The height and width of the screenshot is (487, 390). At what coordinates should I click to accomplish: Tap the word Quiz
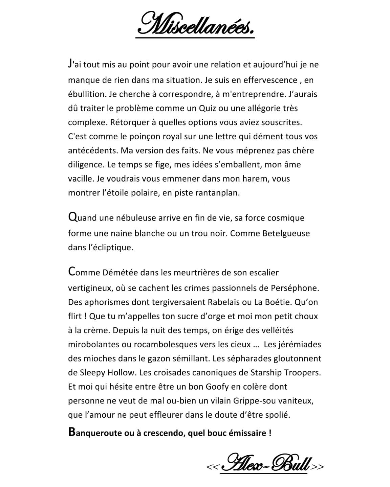207,109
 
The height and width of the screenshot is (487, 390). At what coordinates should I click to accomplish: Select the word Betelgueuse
286,233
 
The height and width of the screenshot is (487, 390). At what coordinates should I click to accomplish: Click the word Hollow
122,373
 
